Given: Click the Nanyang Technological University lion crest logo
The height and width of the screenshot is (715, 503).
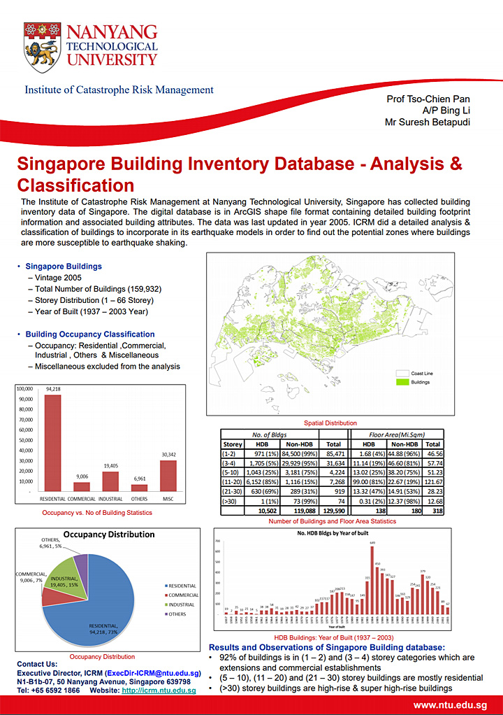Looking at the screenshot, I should click(42, 47).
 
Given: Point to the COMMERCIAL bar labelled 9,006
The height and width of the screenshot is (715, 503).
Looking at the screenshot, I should click(82, 486).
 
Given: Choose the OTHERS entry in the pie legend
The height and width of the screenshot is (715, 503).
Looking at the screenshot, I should click(177, 614).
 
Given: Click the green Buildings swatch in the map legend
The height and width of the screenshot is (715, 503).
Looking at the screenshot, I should click(402, 382).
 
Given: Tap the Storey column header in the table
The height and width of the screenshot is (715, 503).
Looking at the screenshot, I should click(232, 444).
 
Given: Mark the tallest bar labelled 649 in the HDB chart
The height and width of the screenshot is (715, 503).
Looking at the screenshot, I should click(372, 580).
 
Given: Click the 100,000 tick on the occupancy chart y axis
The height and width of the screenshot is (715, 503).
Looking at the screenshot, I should click(24, 389).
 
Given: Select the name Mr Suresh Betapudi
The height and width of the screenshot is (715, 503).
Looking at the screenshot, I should click(428, 122).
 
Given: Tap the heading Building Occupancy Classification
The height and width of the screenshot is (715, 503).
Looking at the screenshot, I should click(90, 334).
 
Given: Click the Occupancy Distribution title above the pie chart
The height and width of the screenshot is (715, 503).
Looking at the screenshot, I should click(109, 535).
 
